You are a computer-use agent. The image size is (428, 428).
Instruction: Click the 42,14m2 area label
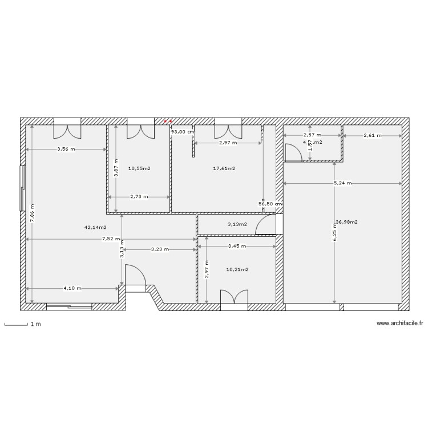[x=95, y=227]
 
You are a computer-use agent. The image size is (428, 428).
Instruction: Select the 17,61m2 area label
[x=224, y=168]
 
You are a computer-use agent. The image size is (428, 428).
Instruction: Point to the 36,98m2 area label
[x=346, y=222]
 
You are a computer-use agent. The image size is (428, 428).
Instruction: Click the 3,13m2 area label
[x=237, y=224]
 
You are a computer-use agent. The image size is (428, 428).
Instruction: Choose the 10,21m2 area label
[x=237, y=269]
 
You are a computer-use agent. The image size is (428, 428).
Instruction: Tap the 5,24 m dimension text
[x=342, y=183]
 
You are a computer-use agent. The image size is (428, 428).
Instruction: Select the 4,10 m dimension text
[x=72, y=288]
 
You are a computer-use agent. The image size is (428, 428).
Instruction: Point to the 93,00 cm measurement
[x=183, y=132]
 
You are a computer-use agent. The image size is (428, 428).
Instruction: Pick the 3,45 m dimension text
[x=237, y=247]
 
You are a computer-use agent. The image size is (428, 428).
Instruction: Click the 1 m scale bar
[x=17, y=325]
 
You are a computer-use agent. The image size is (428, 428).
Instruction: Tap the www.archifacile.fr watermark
[x=400, y=324]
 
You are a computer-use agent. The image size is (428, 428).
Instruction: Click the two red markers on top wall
[x=168, y=122]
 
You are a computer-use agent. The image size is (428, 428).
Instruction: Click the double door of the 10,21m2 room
[x=234, y=299]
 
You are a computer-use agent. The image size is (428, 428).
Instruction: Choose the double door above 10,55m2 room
[x=140, y=130]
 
